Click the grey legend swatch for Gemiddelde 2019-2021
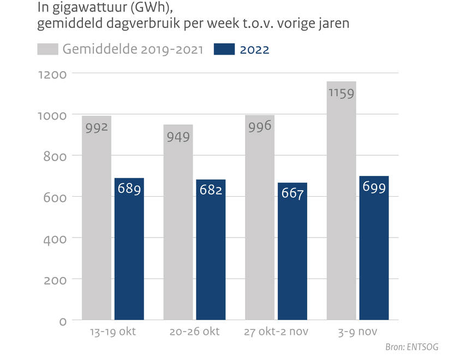tap(48, 50)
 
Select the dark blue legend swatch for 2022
tap(222, 50)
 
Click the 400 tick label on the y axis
tap(55, 238)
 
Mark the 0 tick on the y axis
tap(62, 321)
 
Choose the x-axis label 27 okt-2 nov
tap(276, 333)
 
